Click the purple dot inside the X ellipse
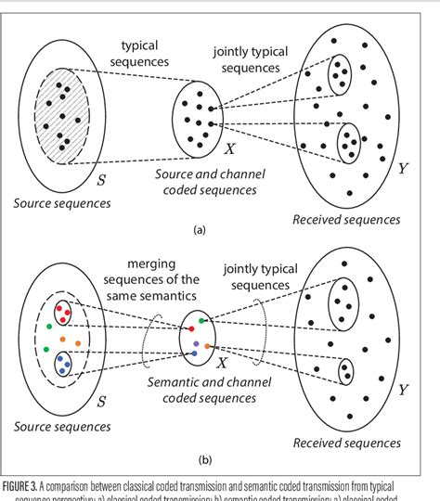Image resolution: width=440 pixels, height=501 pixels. [195, 344]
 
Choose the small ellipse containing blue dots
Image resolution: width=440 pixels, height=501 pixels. [61, 361]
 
